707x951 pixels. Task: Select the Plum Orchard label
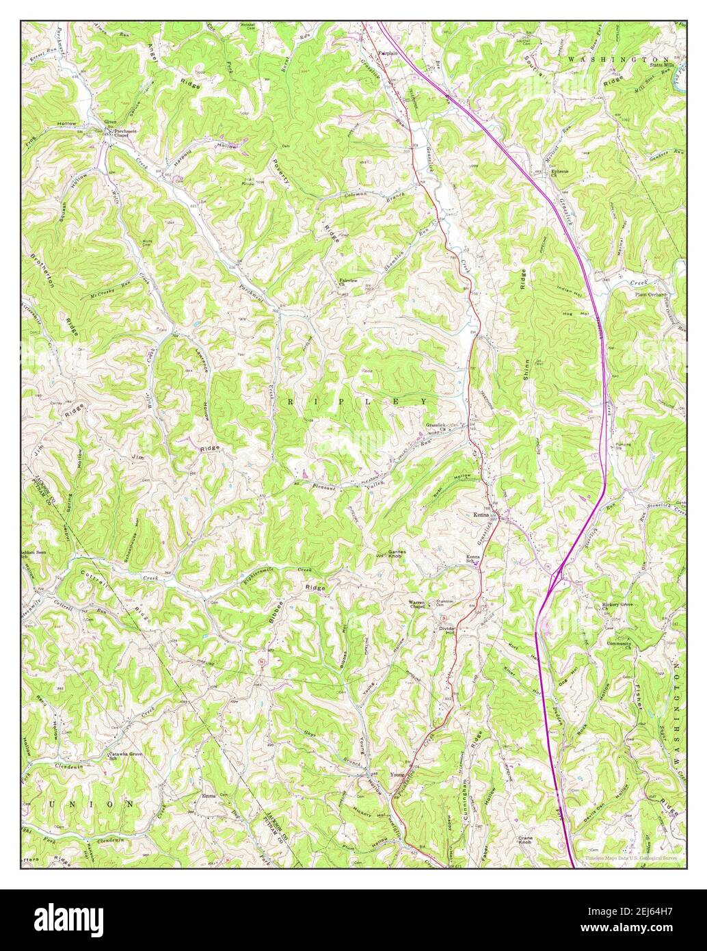coord(650,295)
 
